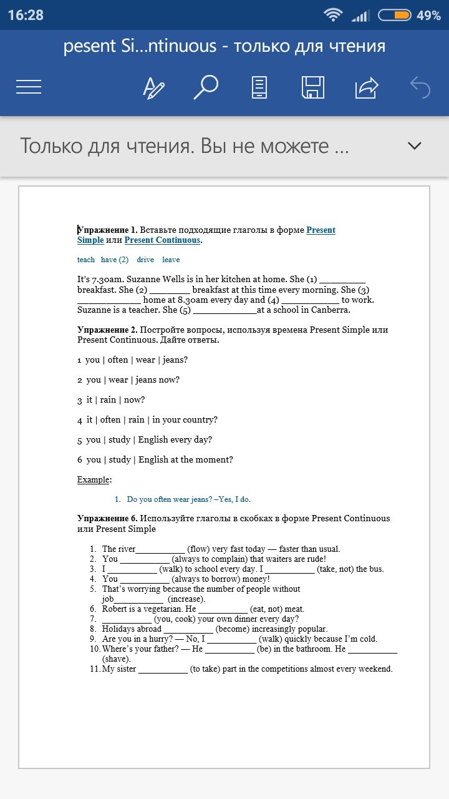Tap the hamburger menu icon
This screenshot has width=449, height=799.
point(29,87)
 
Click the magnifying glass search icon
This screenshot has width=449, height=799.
point(205,87)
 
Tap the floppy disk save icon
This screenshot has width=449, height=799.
point(312,87)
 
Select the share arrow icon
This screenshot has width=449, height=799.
point(367,87)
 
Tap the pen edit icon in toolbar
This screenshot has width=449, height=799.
point(153,87)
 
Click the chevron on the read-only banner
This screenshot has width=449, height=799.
point(415,146)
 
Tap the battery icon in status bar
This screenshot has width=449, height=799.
point(395,15)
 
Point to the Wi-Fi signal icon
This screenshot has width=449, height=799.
point(333,15)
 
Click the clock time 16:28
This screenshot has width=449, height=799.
point(26,15)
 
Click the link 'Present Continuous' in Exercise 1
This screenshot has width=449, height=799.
point(162,240)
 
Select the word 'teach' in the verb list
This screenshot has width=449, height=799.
point(86,260)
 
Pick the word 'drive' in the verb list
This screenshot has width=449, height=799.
point(145,260)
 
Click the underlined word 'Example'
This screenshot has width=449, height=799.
point(94,479)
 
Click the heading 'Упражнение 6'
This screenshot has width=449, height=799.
point(107,518)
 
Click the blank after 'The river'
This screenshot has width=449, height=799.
point(160,549)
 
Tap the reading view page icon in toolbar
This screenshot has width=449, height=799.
point(259,87)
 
